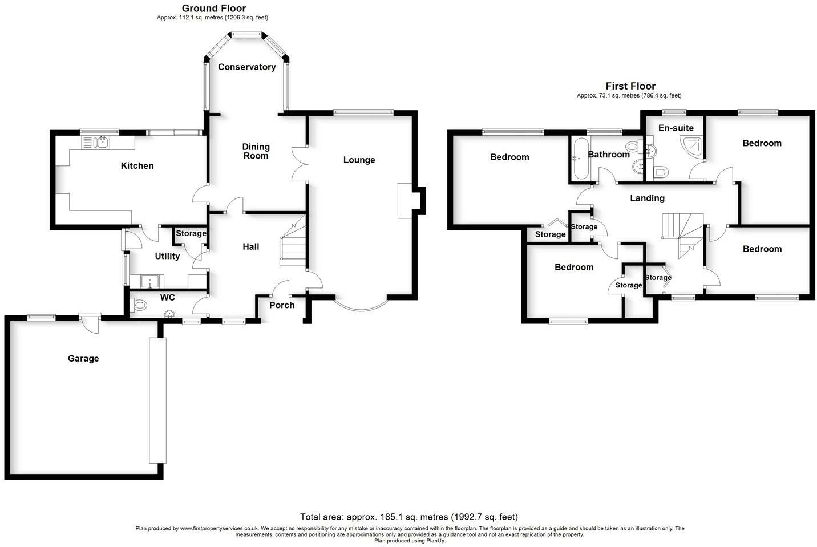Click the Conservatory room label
point(246,67)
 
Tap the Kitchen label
point(137,166)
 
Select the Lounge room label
point(359,160)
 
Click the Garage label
point(83,359)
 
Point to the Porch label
point(282,305)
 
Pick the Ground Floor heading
point(213,8)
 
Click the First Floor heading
point(630,86)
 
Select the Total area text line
point(408,517)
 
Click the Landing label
point(647,198)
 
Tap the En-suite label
point(676,128)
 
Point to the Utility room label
point(167,256)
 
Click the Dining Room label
point(256,151)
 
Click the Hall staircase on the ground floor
point(293,245)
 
